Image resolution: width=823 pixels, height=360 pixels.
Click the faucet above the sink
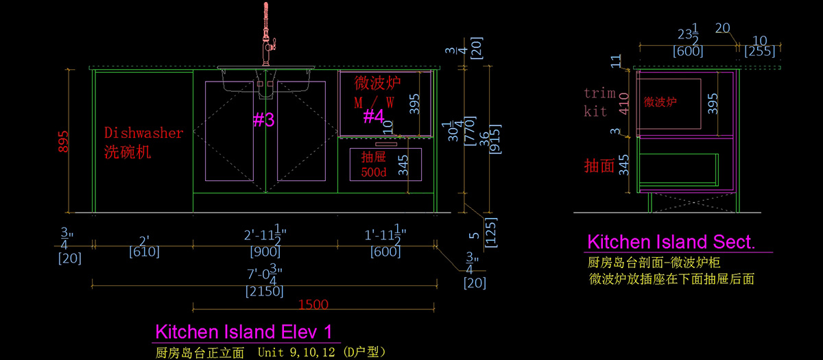point(266,34)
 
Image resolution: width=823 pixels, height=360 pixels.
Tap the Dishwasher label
point(143,133)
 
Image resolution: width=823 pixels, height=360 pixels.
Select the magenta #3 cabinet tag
point(263,120)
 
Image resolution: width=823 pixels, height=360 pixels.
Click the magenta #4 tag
point(372,116)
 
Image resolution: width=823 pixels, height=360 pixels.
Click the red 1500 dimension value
point(313,304)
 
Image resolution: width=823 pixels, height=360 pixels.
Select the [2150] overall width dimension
point(264,291)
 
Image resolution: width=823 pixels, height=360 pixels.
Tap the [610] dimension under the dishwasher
point(144,252)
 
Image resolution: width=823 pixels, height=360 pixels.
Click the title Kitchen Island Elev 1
point(245,333)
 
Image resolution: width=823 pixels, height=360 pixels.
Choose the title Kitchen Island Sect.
point(671,241)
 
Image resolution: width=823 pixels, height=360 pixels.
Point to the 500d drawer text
point(374,172)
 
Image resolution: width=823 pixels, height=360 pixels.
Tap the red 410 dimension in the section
point(623,102)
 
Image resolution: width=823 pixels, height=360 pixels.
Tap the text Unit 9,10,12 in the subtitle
point(296,352)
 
